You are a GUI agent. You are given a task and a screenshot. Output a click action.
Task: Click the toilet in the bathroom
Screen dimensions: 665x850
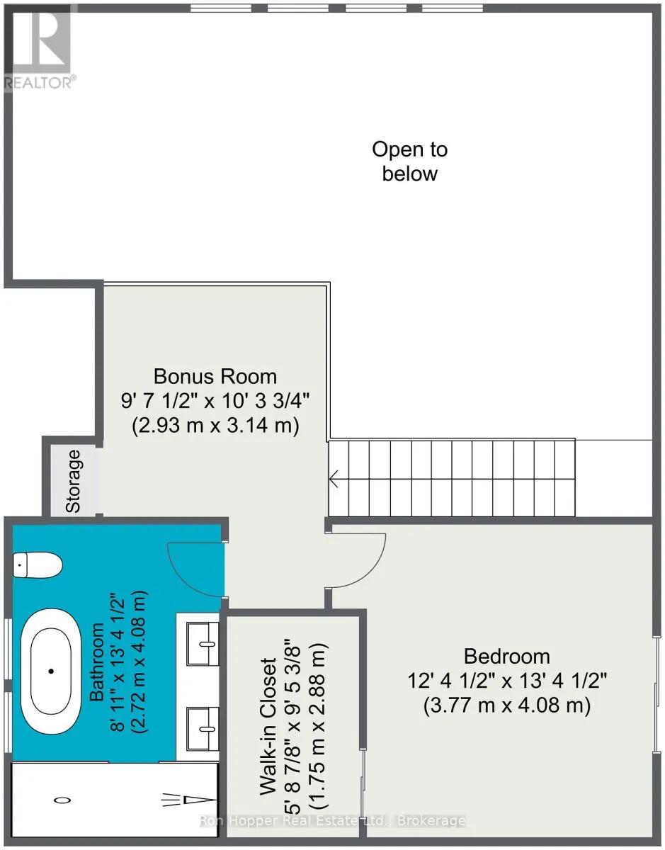(x=38, y=565)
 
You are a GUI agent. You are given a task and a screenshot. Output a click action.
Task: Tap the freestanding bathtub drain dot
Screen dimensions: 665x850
(x=51, y=671)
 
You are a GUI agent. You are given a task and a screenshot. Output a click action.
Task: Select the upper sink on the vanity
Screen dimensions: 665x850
(x=203, y=644)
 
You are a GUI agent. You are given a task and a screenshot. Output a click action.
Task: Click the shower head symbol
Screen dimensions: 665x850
(x=188, y=800)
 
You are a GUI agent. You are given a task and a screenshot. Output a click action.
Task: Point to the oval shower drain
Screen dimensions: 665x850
(x=62, y=800)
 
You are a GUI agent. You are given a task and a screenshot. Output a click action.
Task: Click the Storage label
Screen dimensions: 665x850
(x=73, y=482)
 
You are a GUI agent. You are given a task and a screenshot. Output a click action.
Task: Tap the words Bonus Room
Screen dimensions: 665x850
(x=215, y=377)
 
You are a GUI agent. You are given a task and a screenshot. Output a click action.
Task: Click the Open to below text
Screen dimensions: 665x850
(x=410, y=161)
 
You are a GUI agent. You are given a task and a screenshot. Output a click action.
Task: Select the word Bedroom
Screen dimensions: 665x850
(x=506, y=656)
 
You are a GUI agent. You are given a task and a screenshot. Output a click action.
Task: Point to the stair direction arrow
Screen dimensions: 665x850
(x=334, y=479)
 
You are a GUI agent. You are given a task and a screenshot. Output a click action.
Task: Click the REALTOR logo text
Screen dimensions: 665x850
(x=38, y=83)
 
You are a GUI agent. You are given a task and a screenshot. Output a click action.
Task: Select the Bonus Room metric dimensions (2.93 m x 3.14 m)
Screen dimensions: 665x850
(x=215, y=426)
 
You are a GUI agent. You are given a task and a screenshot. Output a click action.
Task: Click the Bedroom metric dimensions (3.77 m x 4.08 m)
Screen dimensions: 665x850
(x=507, y=705)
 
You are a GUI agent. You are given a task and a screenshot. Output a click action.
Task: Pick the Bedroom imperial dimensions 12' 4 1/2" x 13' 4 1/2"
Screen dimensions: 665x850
(x=507, y=681)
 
